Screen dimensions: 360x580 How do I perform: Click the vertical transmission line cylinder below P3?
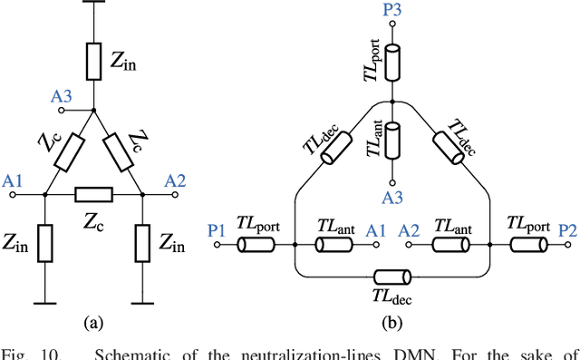392,58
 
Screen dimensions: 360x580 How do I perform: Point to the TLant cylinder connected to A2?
449,245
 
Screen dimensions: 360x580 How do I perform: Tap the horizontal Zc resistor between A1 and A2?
94,194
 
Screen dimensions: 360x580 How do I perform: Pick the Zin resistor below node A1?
45,244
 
